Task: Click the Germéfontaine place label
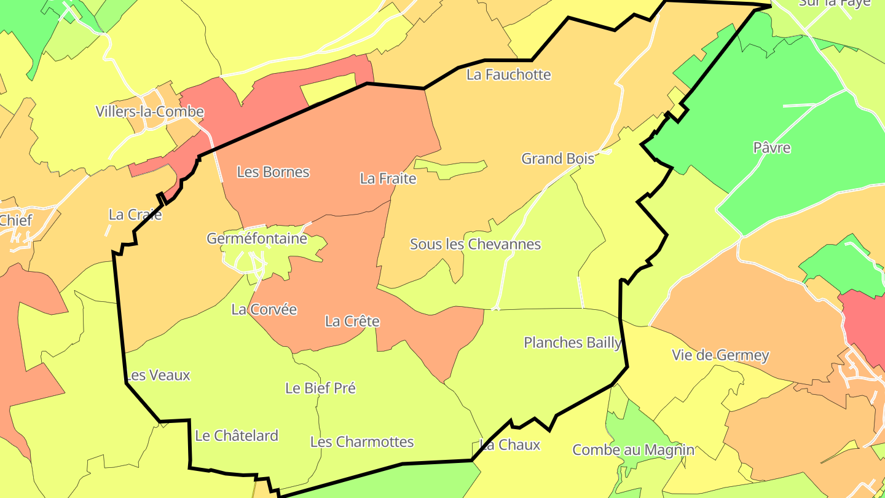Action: (257, 239)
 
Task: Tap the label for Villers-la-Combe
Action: (149, 112)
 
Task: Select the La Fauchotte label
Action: (509, 75)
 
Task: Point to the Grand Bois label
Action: (557, 159)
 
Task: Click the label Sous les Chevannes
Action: (475, 244)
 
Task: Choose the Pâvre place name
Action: (771, 148)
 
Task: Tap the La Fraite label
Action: (388, 179)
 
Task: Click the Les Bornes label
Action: (273, 172)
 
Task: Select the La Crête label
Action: (352, 322)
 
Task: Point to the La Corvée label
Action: (264, 309)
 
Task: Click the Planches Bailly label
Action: (572, 342)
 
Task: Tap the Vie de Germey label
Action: (720, 355)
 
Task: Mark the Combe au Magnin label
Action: (633, 450)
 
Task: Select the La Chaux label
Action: (509, 445)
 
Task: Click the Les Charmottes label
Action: (361, 442)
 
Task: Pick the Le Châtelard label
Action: (237, 436)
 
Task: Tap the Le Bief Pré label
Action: (320, 389)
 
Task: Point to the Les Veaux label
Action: (158, 375)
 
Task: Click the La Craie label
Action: (135, 215)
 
